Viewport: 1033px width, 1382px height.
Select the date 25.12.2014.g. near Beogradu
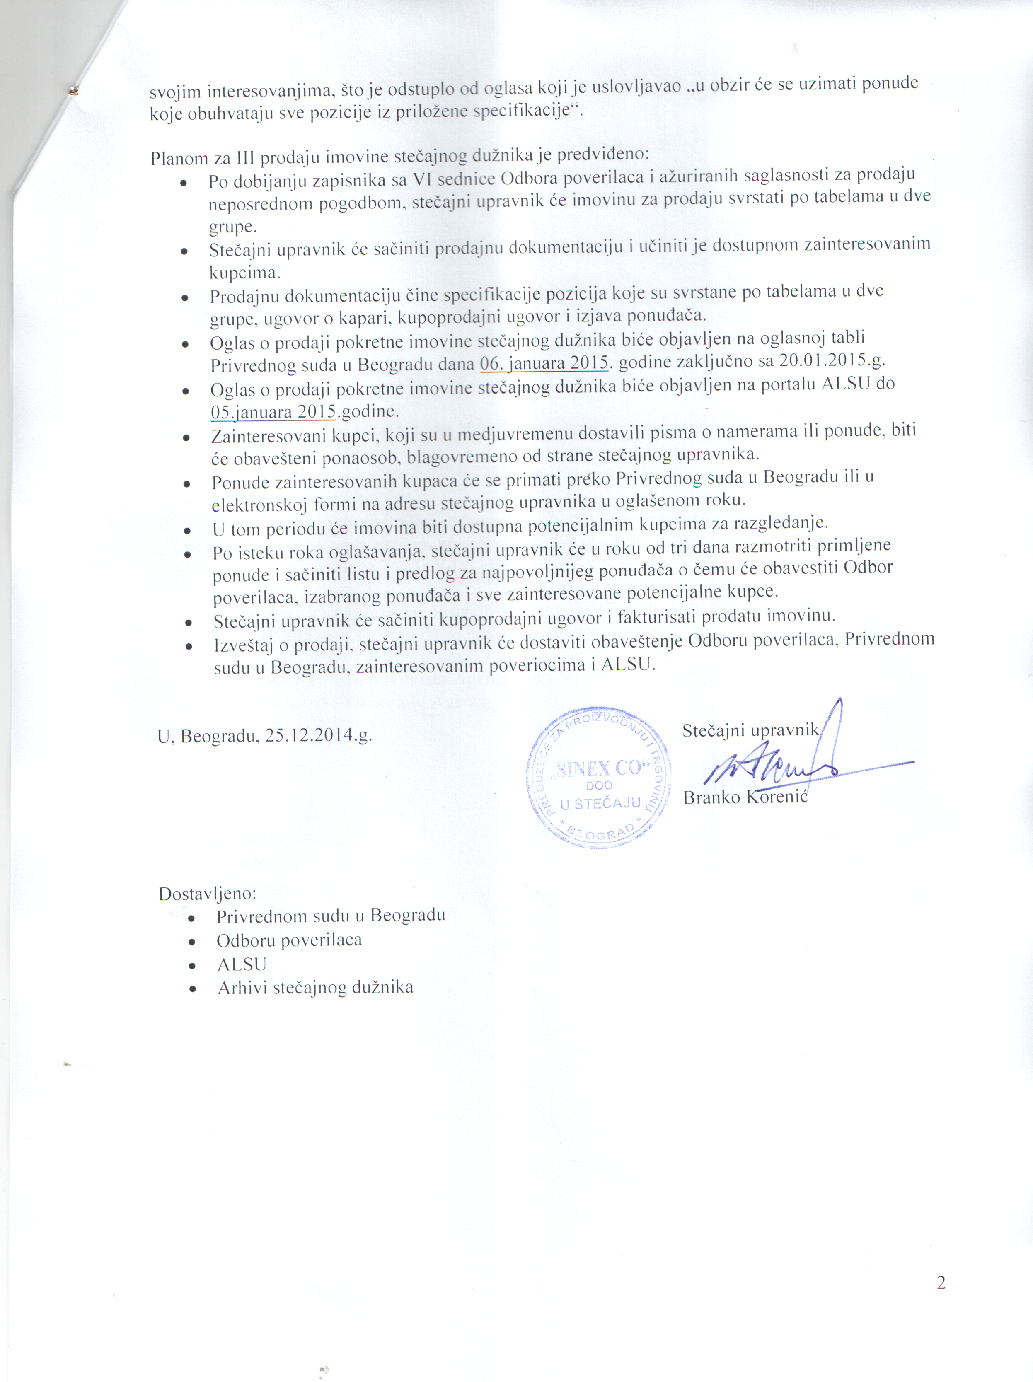318,735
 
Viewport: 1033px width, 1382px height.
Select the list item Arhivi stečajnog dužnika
315,988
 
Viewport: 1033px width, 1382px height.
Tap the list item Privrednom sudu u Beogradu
331,916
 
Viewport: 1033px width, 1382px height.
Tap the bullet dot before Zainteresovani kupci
186,439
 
